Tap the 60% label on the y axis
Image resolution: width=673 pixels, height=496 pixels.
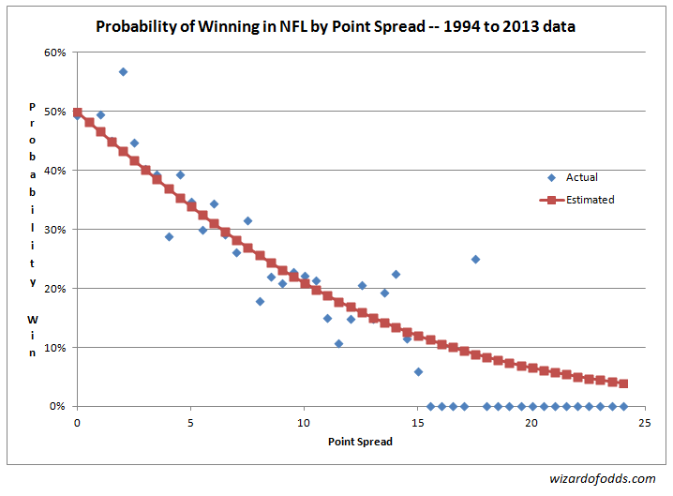point(55,53)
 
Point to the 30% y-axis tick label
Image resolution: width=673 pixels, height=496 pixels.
point(55,230)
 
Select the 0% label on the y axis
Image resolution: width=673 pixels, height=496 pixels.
point(58,407)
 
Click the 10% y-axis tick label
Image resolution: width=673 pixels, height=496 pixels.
point(55,348)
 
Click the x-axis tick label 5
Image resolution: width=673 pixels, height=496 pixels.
point(191,423)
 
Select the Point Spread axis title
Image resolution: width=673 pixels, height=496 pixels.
point(361,442)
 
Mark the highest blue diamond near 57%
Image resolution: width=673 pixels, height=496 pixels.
point(123,72)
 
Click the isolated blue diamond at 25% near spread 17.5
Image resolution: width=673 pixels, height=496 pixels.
point(475,259)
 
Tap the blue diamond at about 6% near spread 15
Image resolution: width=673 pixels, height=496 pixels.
point(418,371)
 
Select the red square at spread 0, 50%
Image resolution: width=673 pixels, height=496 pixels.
point(78,113)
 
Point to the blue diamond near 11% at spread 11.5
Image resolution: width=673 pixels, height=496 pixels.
point(338,343)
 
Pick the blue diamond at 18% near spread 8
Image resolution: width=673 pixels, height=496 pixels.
point(260,301)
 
